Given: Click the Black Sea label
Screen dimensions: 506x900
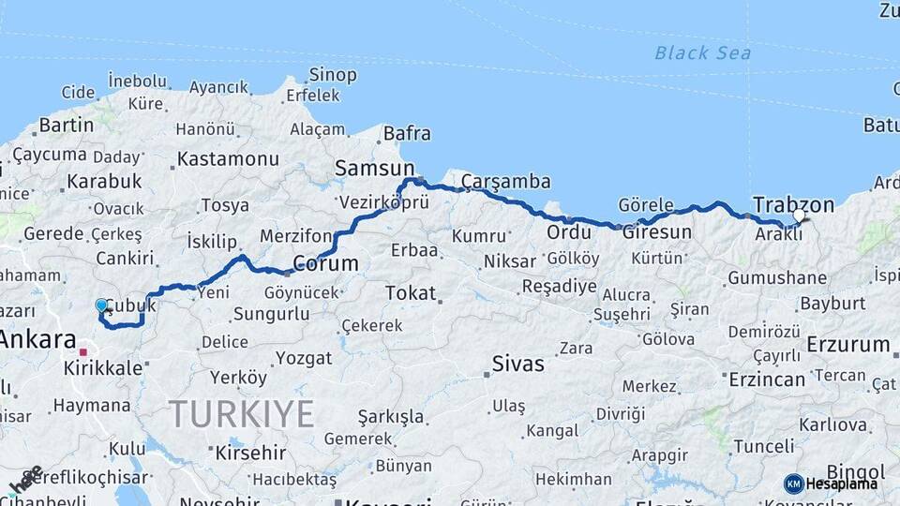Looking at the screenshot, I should coord(702,53).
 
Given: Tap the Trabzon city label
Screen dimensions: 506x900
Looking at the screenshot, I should coord(793,204).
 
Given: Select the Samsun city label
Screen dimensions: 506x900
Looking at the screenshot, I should coord(367,169).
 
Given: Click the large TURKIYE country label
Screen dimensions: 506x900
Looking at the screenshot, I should coord(241,413).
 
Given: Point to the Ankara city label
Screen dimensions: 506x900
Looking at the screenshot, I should coord(37,339).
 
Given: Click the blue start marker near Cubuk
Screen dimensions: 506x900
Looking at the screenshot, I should coord(101,305).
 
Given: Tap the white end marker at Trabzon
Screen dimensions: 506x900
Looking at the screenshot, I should coord(799,216).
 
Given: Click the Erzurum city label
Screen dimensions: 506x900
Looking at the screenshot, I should coord(847,344).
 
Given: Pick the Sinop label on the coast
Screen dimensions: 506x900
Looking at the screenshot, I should coord(333,75).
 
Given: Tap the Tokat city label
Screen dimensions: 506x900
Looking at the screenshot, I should coord(411,293).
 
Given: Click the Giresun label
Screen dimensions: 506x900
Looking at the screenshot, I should coord(657,231).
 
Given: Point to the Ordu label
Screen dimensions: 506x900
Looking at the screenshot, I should coord(569,231).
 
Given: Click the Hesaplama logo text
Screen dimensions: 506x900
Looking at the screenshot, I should coord(842,484).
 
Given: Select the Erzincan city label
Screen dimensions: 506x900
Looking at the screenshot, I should coord(766,379).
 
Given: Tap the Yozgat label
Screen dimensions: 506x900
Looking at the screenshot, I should coord(303,358).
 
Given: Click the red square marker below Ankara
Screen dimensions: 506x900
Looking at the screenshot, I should coord(83,352).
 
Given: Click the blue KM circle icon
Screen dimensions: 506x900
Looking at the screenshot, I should coord(793,484).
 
